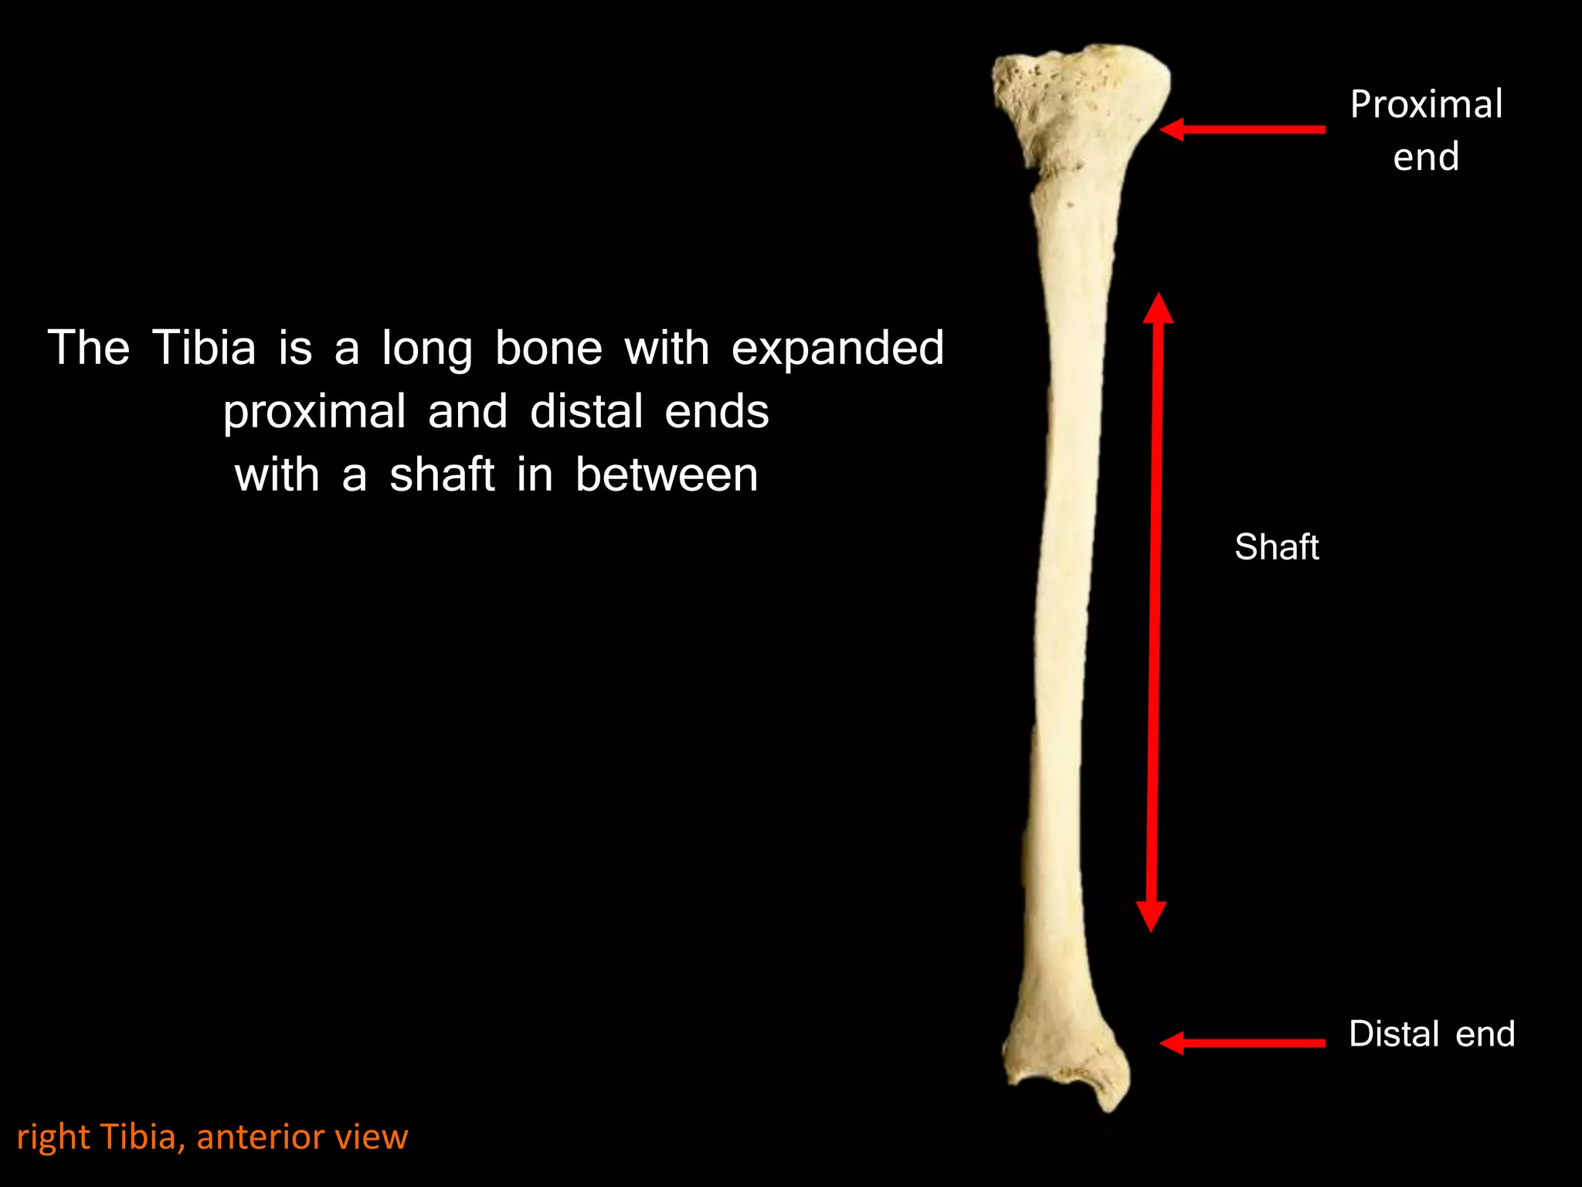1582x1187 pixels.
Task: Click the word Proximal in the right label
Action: [1426, 104]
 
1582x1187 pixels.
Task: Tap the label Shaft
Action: [1277, 547]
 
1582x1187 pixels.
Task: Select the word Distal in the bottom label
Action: [1394, 1034]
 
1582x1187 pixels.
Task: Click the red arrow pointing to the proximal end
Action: [1243, 130]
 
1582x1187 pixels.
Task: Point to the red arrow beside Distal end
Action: [1243, 1043]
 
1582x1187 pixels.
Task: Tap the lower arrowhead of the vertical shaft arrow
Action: [1151, 917]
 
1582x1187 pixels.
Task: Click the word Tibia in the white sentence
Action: [204, 348]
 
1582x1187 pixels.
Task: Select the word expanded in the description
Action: [837, 348]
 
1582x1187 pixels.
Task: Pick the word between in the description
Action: [667, 474]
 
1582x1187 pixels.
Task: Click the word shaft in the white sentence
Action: [442, 474]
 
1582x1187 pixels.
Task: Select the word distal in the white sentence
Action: [586, 411]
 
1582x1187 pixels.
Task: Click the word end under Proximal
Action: [1426, 157]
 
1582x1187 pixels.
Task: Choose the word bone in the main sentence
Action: [548, 348]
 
